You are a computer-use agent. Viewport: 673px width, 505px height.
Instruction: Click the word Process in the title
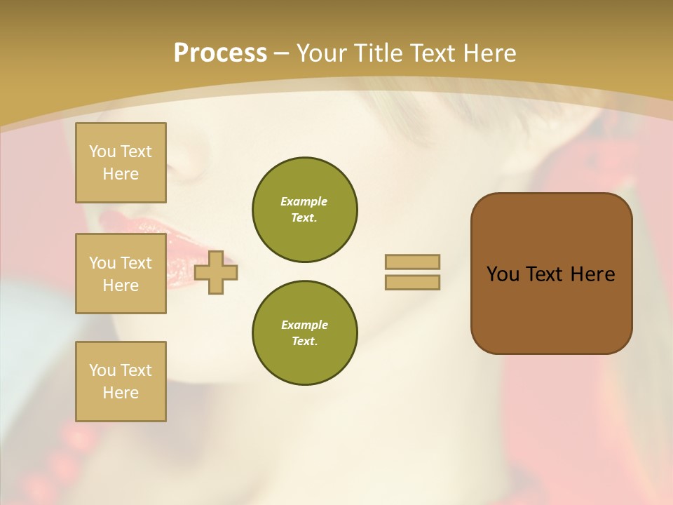pos(220,53)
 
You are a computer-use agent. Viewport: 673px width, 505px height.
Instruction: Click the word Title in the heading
pos(379,53)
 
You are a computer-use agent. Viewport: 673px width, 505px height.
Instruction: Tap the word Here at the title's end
pos(487,53)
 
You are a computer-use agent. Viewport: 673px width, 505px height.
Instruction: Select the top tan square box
pos(121,163)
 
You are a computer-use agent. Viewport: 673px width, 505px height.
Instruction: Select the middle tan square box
pos(121,274)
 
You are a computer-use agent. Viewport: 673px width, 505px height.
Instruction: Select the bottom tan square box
pos(121,382)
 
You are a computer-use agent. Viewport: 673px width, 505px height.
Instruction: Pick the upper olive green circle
pos(305,210)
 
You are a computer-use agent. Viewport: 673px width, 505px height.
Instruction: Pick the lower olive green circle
pos(305,333)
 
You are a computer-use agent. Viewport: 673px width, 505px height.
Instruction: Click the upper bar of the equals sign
pos(413,262)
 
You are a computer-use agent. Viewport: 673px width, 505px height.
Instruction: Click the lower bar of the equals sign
pos(413,283)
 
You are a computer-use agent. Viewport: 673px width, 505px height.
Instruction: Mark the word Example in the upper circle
pos(304,201)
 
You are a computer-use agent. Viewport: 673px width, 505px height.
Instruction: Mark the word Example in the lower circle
pos(304,325)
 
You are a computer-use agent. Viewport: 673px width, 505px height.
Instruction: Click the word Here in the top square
pos(121,174)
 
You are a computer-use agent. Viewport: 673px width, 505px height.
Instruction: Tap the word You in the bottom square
pos(102,370)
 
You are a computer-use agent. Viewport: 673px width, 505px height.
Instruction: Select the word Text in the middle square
pos(136,263)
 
